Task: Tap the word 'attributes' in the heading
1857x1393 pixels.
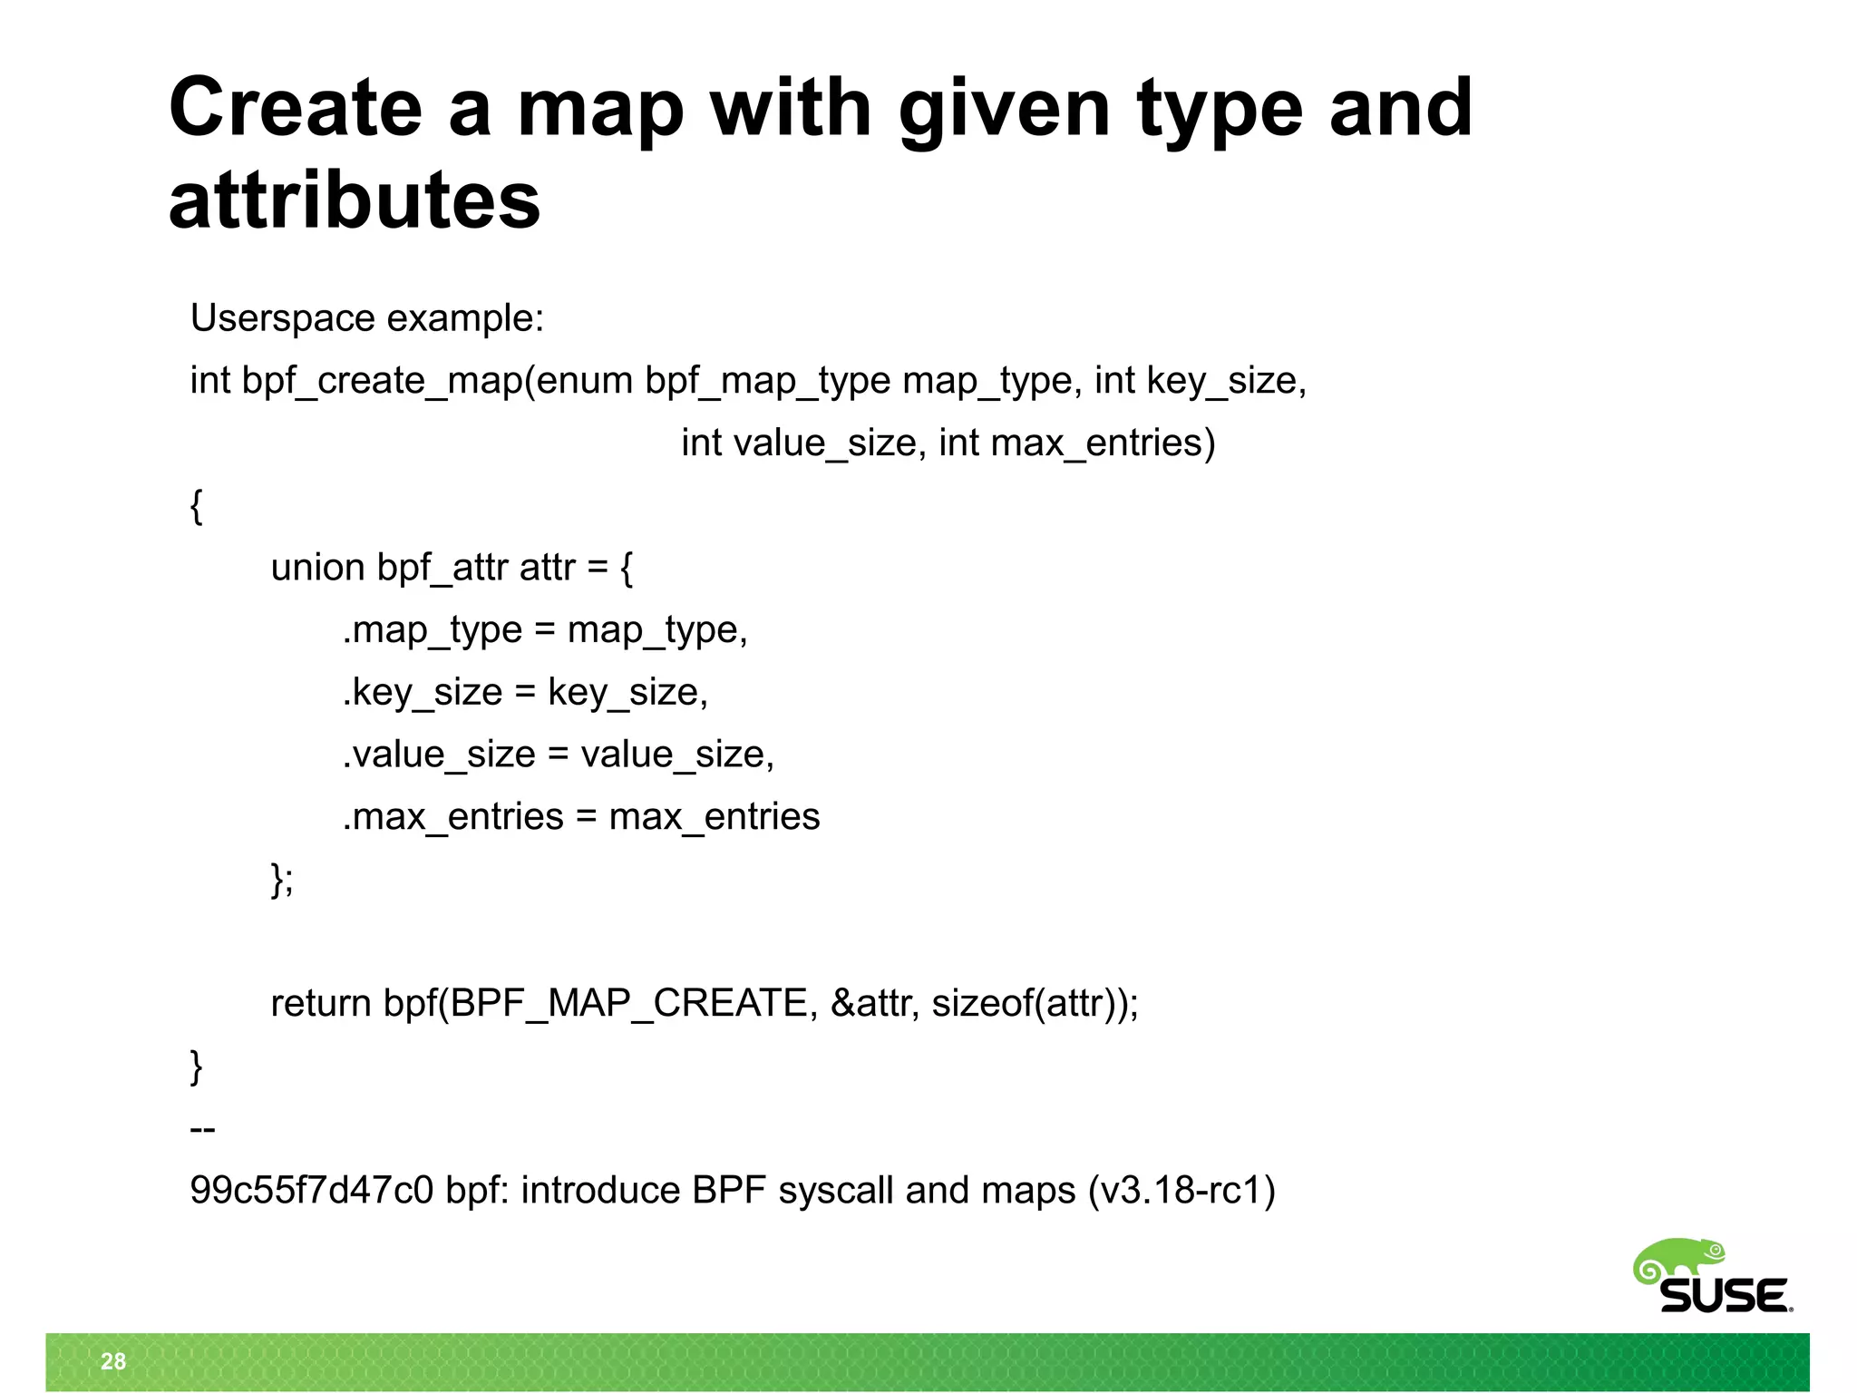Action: point(355,200)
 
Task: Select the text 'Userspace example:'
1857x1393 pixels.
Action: point(366,318)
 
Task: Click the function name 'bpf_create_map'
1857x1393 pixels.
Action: point(382,381)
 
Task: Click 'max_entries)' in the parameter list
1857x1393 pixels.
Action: point(1103,443)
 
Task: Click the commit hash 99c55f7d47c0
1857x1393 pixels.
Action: point(312,1191)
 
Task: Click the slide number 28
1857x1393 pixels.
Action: point(113,1361)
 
